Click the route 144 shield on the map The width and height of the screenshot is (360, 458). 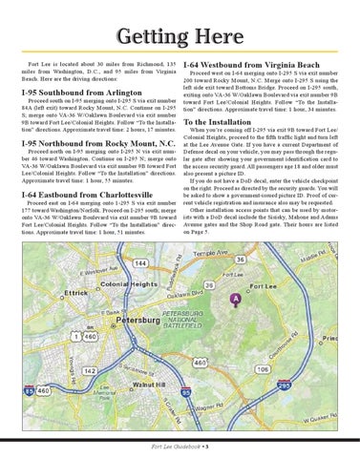(140, 262)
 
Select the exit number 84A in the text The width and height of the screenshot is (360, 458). (32, 115)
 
